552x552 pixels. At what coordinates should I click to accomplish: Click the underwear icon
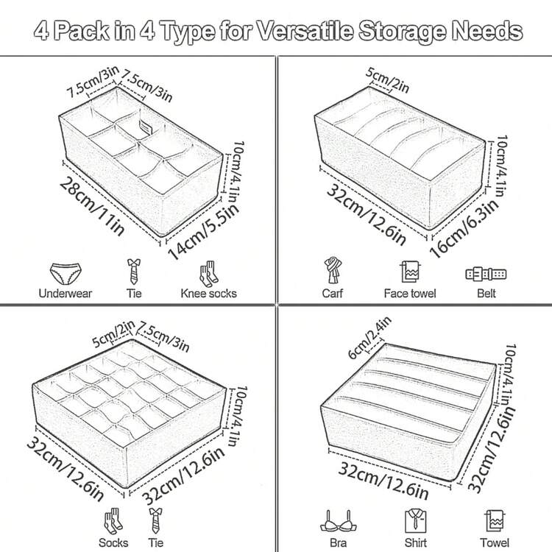click(66, 273)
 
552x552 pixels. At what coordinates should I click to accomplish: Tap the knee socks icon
click(208, 274)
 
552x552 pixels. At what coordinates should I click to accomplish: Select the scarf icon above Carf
click(333, 270)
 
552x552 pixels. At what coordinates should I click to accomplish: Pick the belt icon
click(486, 275)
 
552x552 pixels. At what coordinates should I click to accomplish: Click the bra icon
click(338, 522)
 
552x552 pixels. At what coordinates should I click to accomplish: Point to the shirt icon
click(415, 520)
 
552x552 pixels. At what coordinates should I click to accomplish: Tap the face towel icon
click(410, 272)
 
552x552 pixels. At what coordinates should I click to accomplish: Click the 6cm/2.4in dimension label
click(369, 338)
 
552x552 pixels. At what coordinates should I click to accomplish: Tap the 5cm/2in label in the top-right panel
click(387, 81)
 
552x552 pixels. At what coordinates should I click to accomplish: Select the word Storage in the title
click(402, 32)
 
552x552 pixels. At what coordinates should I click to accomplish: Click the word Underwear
click(65, 293)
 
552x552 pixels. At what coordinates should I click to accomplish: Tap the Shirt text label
click(415, 543)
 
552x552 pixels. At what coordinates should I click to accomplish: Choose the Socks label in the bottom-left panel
click(113, 543)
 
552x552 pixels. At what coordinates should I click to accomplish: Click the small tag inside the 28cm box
click(144, 128)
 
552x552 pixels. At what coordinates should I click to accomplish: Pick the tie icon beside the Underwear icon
click(134, 272)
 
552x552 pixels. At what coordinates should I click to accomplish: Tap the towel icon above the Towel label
click(494, 520)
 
